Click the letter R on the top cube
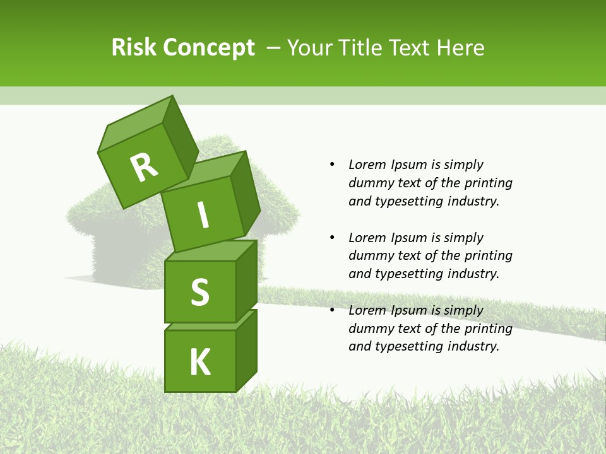click(x=144, y=167)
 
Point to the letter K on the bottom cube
click(x=200, y=362)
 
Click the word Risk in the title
click(x=133, y=48)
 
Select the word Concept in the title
click(x=210, y=48)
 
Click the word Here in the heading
click(x=462, y=48)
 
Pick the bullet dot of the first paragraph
click(x=332, y=165)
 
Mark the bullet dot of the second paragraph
click(x=332, y=238)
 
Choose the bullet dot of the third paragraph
click(x=332, y=310)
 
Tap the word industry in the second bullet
click(x=472, y=274)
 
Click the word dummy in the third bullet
click(x=370, y=329)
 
